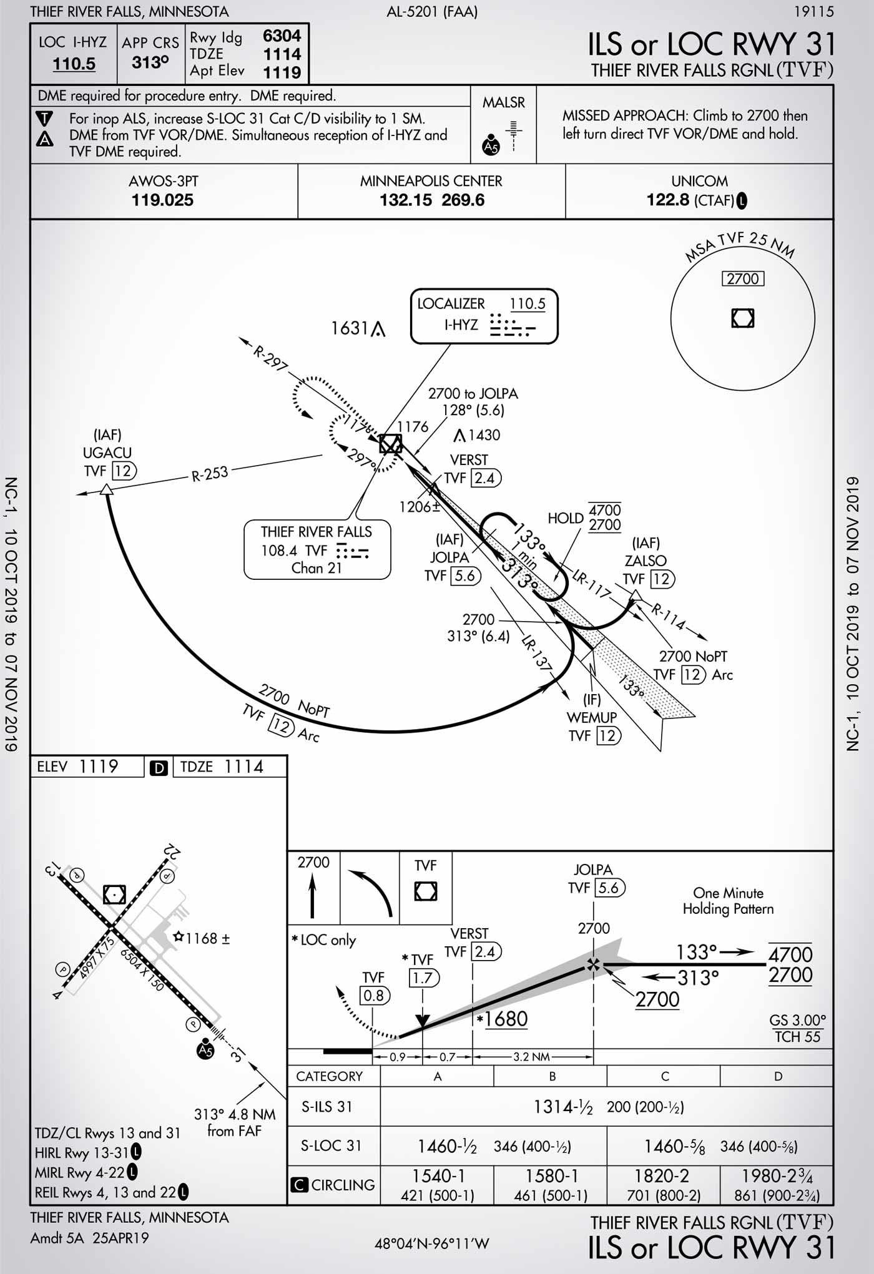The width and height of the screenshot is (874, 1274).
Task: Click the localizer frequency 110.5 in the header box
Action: tap(74, 64)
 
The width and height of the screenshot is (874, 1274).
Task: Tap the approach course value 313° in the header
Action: tap(150, 62)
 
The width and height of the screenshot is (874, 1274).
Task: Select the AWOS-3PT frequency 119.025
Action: tap(162, 200)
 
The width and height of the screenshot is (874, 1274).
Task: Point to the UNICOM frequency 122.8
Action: tap(667, 200)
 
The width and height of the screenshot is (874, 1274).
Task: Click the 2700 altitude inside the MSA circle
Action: tap(742, 278)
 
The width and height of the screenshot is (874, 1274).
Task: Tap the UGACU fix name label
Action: tap(107, 453)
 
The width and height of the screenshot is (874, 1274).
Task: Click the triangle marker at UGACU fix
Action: tap(107, 489)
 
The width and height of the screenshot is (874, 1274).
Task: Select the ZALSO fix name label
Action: tap(646, 561)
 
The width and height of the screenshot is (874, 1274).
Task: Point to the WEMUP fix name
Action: tap(591, 717)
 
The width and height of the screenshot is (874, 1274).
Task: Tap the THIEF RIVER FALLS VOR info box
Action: tap(317, 549)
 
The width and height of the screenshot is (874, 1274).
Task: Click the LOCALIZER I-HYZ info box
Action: tap(483, 315)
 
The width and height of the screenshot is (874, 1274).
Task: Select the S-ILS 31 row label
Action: tap(327, 1107)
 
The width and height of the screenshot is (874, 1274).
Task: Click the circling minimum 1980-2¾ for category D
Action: tap(777, 1176)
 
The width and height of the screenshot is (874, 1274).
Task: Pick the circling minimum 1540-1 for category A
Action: tap(437, 1176)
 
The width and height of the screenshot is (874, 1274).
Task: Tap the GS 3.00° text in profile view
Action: tap(797, 1020)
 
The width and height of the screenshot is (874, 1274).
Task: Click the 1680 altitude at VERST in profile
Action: tap(506, 1019)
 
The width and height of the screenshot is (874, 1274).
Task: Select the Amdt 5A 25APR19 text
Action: tap(89, 1238)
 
